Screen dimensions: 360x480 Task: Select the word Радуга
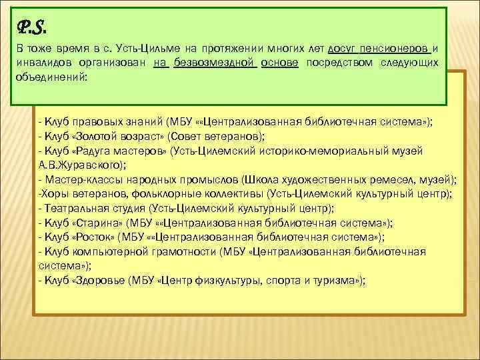[94, 151]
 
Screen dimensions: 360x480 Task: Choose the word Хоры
[51, 193]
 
